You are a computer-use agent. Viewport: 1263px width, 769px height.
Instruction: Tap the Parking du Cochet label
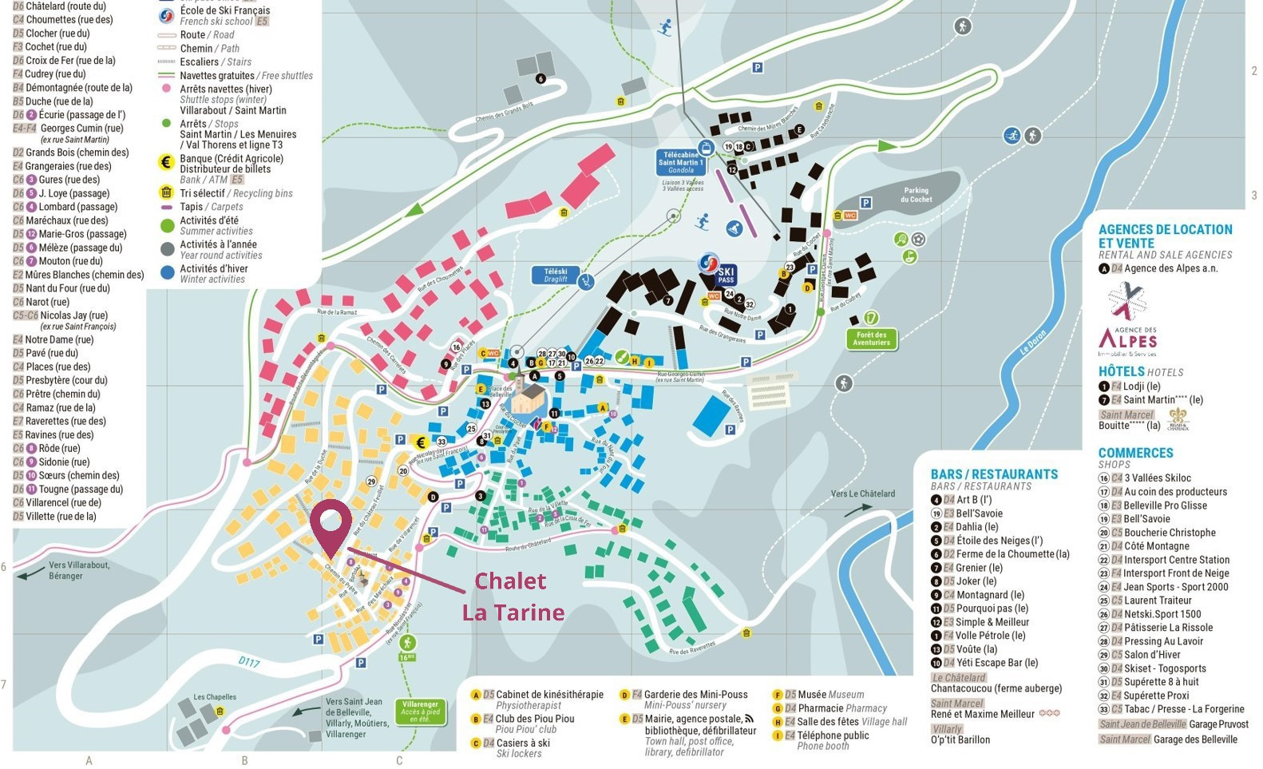tap(916, 195)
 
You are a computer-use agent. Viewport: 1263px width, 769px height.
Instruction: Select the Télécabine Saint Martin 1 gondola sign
tap(681, 163)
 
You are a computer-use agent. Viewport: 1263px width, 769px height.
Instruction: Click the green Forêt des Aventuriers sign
tap(871, 339)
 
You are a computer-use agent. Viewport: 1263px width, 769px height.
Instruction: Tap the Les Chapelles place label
tap(215, 696)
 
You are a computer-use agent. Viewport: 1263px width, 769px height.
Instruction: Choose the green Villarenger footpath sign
tap(420, 712)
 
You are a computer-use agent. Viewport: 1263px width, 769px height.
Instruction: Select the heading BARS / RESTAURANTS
tap(994, 474)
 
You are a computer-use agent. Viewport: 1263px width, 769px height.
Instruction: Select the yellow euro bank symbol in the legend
tap(166, 162)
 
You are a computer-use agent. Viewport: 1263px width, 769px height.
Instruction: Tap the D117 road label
tap(249, 661)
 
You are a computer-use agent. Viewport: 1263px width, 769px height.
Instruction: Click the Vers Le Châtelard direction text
tap(862, 494)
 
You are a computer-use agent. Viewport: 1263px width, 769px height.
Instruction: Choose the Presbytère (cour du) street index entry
tap(66, 380)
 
